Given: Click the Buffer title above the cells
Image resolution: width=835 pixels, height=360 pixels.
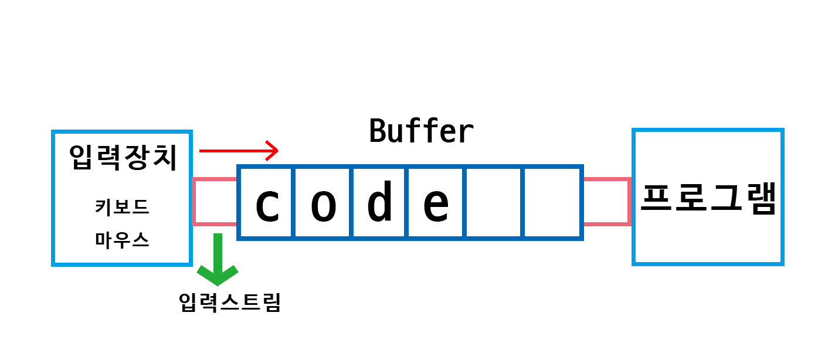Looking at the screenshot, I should pyautogui.click(x=421, y=131).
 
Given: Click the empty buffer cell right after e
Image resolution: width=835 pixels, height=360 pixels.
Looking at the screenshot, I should pyautogui.click(x=494, y=203).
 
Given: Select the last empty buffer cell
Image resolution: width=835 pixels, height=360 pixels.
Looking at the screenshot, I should pyautogui.click(x=551, y=203).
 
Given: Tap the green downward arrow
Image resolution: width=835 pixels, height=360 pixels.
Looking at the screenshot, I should pyautogui.click(x=218, y=258).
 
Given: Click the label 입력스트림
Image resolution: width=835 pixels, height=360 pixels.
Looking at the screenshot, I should pyautogui.click(x=230, y=303).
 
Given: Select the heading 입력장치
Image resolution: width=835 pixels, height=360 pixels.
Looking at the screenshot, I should pyautogui.click(x=123, y=157).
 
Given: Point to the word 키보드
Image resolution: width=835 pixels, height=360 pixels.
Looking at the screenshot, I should pyautogui.click(x=122, y=207).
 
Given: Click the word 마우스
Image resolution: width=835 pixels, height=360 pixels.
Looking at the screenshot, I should pyautogui.click(x=122, y=240).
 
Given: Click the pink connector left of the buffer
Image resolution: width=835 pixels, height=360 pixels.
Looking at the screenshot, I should pyautogui.click(x=215, y=202).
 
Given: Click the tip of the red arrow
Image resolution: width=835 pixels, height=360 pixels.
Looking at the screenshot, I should pyautogui.click(x=276, y=151).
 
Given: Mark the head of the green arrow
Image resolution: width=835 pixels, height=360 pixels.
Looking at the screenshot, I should pyautogui.click(x=218, y=274).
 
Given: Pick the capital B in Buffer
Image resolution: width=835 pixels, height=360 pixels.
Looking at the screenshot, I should pyautogui.click(x=378, y=131).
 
